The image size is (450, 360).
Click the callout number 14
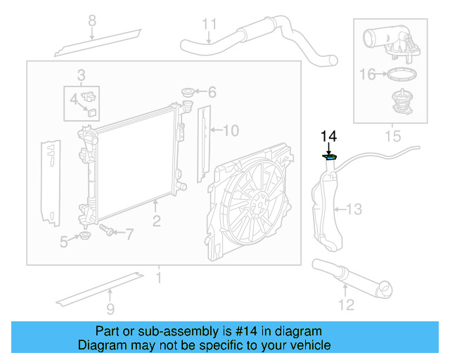coord(329,136)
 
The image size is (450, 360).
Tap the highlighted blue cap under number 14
coord(329,157)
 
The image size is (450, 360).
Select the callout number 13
coord(354,209)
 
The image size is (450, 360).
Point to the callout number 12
coord(346,304)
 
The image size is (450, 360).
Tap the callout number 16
coord(368,73)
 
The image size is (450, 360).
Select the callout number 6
coord(212,92)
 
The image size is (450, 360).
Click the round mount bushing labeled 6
coord(188,92)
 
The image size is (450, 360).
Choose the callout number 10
coord(231,130)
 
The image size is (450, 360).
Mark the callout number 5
coord(64,242)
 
